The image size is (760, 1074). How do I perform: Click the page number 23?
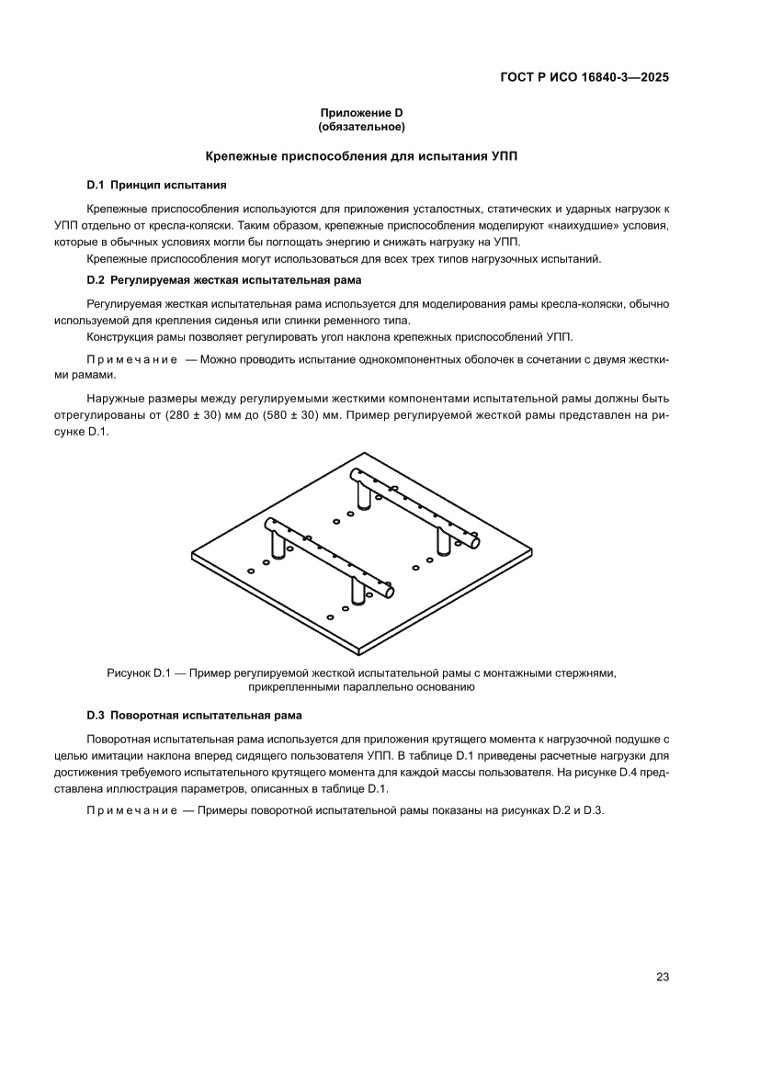(662, 977)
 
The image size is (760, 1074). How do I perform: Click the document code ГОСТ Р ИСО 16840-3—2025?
(584, 78)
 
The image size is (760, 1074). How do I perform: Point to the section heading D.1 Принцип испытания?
(157, 185)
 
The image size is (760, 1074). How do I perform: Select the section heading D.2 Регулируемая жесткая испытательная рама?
(224, 279)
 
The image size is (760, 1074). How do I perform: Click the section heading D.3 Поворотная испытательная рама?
(195, 714)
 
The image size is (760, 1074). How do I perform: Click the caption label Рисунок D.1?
(141, 673)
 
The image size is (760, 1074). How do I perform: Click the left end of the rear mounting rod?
(355, 475)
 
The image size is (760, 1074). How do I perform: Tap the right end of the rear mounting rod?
(475, 544)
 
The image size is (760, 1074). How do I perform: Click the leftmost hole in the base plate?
(251, 571)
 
